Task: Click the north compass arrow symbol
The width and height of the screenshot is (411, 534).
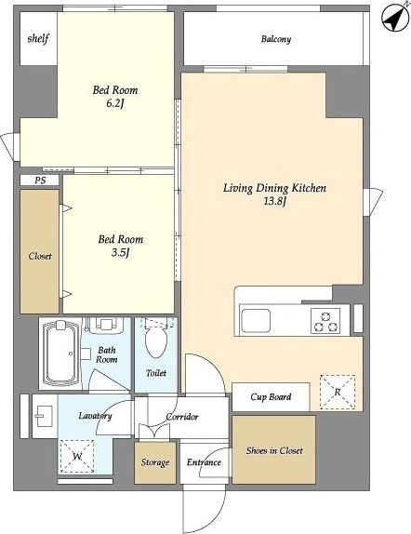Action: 395,18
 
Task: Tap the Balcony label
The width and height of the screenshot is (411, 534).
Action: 276,39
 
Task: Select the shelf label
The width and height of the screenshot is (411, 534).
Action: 38,38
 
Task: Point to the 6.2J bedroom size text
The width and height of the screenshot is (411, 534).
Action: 114,103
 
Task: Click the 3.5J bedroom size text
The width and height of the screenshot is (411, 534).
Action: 121,253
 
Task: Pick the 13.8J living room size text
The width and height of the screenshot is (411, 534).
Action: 274,201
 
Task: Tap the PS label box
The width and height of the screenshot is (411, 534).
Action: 40,180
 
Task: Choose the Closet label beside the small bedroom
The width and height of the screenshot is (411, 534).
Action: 40,256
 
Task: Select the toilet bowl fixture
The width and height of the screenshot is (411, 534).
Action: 156,340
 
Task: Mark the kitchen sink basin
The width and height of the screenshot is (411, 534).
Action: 256,320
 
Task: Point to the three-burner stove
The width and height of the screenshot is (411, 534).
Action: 325,321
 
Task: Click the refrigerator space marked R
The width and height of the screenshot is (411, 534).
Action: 338,392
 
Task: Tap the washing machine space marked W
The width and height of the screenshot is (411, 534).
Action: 77,457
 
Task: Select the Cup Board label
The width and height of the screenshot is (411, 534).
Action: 271,397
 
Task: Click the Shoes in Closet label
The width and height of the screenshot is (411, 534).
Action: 274,450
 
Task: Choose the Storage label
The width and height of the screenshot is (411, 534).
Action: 155,462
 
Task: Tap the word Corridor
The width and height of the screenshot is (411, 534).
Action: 182,417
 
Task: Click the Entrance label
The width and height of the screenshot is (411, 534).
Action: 204,462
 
